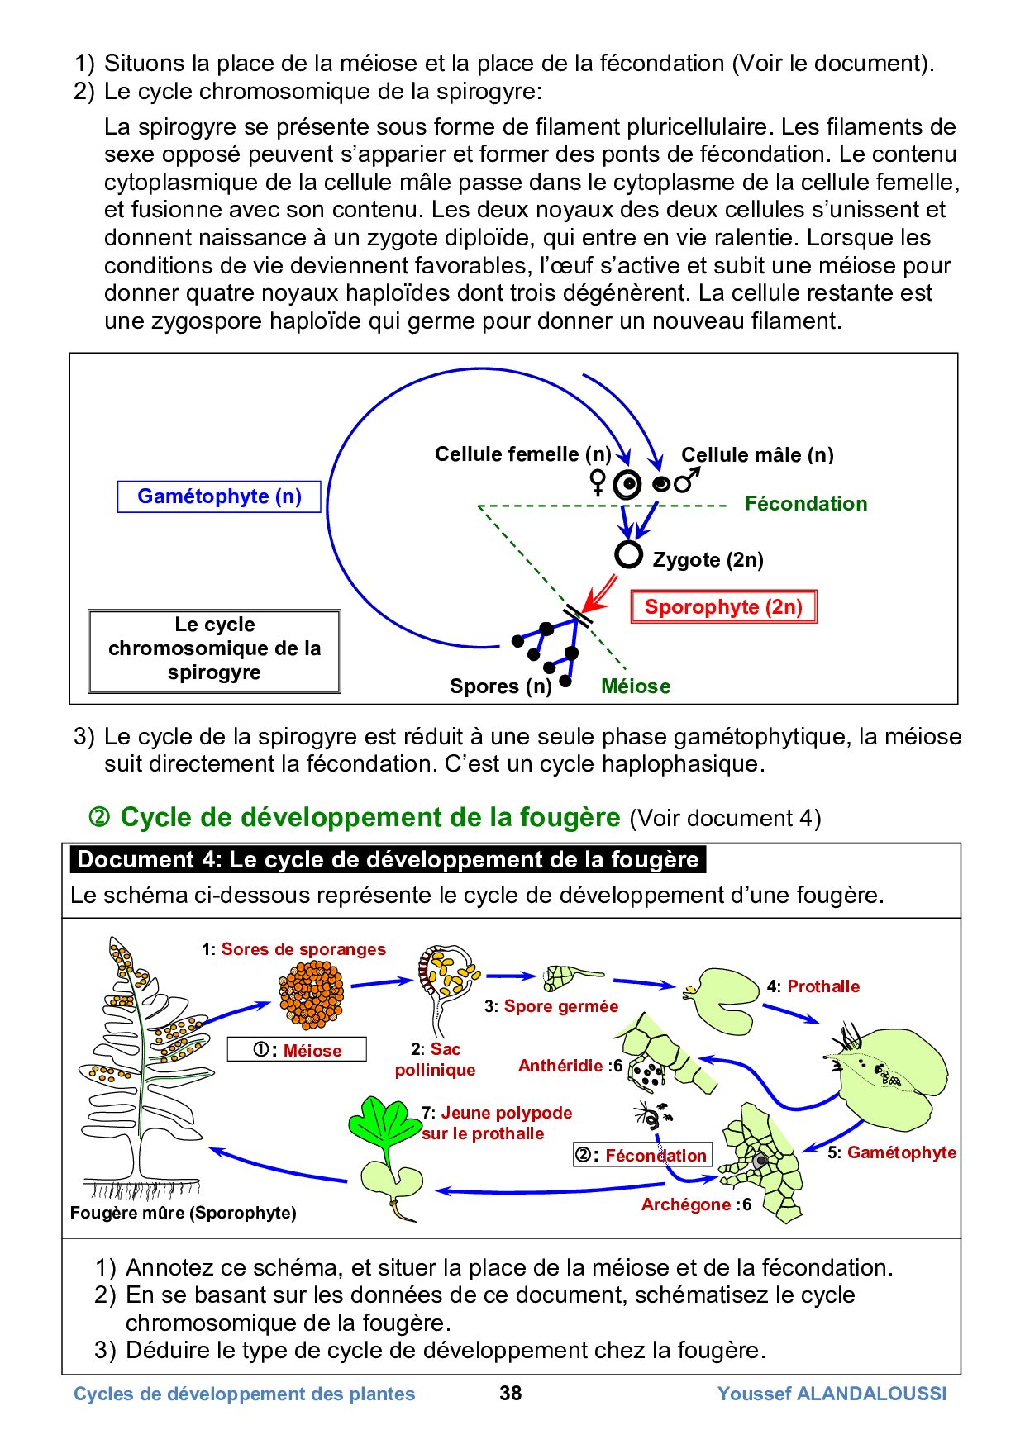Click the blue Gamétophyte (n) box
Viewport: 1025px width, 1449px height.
(x=219, y=496)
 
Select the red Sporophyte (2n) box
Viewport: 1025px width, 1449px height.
(x=723, y=607)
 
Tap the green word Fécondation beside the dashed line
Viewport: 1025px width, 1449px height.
(x=806, y=504)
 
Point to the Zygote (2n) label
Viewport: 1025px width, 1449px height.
(x=708, y=560)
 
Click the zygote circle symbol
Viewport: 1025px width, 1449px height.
(x=628, y=554)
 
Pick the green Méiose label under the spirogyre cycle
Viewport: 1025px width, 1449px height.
(x=636, y=686)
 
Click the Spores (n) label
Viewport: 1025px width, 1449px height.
(x=500, y=686)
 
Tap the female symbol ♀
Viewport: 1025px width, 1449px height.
(x=598, y=482)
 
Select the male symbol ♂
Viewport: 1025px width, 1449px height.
(x=687, y=480)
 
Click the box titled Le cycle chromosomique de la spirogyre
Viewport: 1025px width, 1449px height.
(x=214, y=649)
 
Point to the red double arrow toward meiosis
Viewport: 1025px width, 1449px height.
(x=599, y=592)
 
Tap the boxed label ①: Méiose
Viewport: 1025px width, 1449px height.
(x=297, y=1050)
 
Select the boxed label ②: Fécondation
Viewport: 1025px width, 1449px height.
(x=642, y=1155)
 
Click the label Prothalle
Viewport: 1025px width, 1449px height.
(x=822, y=986)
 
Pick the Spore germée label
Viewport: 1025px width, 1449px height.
(x=560, y=1006)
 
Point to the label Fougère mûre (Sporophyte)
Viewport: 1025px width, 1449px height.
(x=183, y=1213)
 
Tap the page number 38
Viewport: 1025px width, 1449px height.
(x=511, y=1394)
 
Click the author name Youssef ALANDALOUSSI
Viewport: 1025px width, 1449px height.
(x=832, y=1394)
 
